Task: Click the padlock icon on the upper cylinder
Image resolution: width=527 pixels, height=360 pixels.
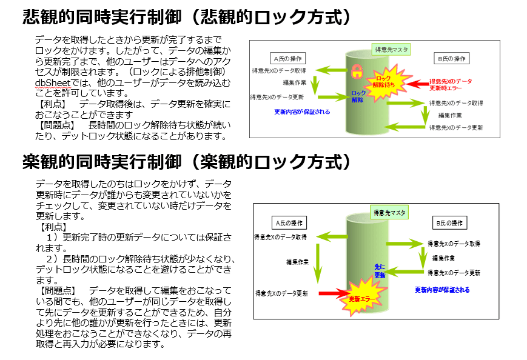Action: [x=358, y=70]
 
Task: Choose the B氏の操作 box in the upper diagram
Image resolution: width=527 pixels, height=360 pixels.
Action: [x=452, y=59]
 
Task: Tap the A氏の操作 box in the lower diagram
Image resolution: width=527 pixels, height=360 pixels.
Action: [x=289, y=222]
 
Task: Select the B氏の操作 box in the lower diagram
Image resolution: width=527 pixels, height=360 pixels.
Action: [x=450, y=222]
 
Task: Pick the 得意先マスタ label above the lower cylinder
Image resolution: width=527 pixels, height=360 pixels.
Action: [x=389, y=212]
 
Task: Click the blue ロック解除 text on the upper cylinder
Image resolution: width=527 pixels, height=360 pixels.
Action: [x=358, y=97]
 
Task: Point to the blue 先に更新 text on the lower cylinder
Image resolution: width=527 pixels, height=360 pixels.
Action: [x=380, y=270]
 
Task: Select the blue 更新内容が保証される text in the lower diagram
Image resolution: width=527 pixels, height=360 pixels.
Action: [x=442, y=290]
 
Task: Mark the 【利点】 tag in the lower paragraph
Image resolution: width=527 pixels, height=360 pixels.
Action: [x=52, y=227]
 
